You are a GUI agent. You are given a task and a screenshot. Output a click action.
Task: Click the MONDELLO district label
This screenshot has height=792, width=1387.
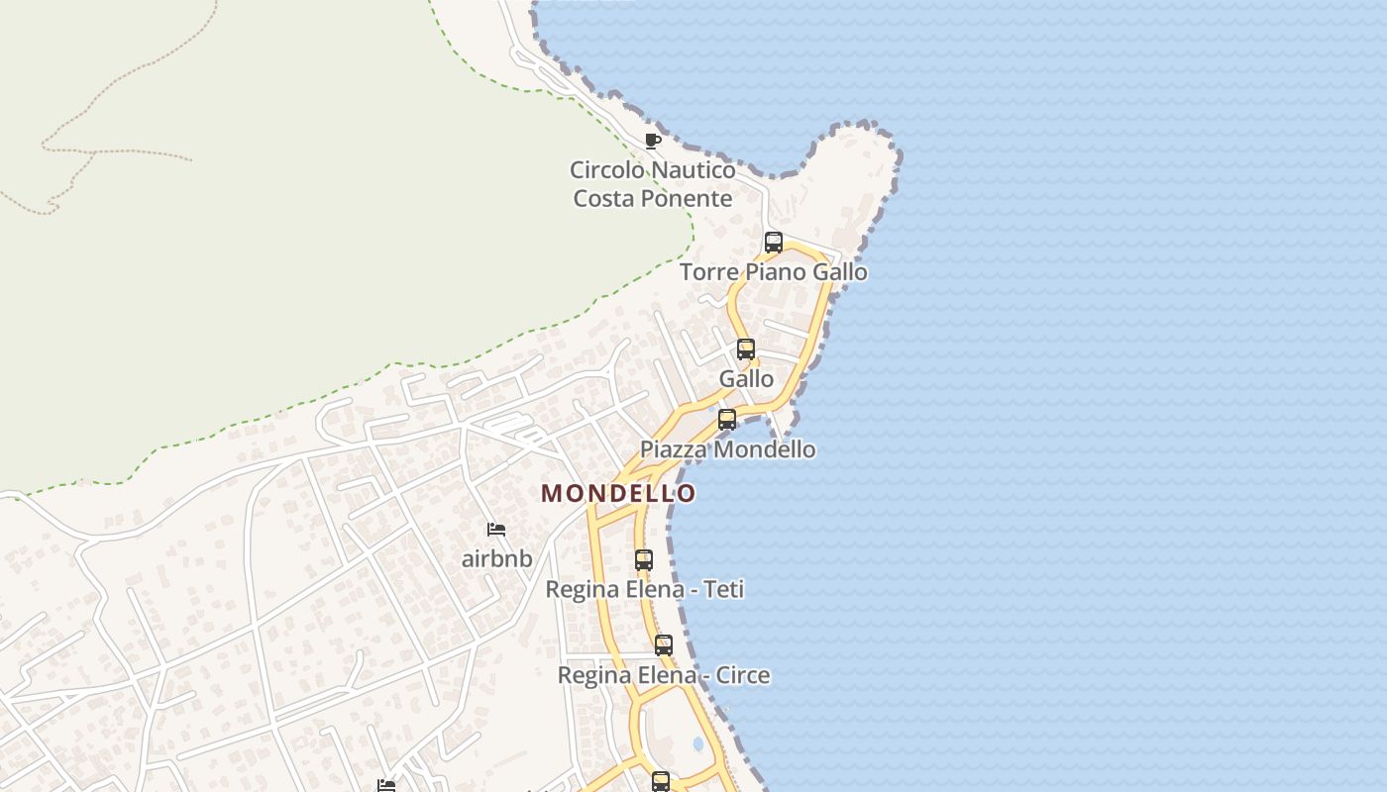click(618, 493)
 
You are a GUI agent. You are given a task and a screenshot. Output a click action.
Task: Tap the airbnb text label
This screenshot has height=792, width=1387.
click(496, 558)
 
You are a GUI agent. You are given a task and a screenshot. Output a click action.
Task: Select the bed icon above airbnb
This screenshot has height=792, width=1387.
click(496, 530)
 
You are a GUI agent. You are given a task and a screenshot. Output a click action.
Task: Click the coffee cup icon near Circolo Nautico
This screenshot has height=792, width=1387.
click(652, 141)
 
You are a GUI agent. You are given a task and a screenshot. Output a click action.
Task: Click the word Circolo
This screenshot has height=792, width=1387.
click(607, 169)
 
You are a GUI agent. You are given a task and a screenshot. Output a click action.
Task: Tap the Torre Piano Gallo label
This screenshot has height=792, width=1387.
click(773, 271)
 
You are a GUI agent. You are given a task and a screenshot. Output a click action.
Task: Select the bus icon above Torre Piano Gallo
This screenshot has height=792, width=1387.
click(773, 242)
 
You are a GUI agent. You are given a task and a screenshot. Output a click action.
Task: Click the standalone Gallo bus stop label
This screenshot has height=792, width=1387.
click(746, 378)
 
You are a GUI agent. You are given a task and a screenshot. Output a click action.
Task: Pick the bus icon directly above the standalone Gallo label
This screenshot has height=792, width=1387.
click(745, 348)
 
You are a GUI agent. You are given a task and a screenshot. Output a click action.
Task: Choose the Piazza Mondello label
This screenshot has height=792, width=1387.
click(727, 448)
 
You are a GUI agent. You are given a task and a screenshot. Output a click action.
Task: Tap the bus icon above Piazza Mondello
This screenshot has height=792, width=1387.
click(726, 419)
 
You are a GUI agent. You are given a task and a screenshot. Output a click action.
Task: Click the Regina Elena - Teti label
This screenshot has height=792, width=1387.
click(644, 589)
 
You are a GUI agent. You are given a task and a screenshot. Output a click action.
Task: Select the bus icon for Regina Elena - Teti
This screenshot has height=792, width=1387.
click(643, 559)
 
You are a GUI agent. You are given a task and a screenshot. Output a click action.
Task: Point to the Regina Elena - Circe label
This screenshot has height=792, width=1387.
click(663, 675)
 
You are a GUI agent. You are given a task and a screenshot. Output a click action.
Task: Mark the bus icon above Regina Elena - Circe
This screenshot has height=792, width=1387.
click(663, 645)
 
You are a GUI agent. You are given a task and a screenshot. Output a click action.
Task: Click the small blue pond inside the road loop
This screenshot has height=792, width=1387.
click(697, 742)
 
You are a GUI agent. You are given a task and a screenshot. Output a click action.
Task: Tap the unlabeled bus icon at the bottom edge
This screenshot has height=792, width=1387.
click(660, 782)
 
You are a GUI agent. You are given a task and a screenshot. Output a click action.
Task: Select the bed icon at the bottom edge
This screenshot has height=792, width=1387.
click(386, 786)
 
